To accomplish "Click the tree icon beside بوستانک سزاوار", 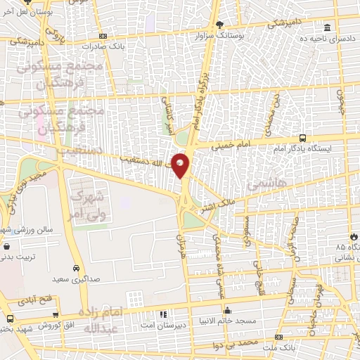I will pyautogui.click(x=219, y=24).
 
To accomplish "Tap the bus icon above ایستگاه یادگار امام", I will pyautogui.click(x=302, y=138).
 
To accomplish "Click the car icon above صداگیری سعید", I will pyautogui.click(x=75, y=268).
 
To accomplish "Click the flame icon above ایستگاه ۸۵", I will pyautogui.click(x=352, y=236).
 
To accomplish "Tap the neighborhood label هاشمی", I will pyautogui.click(x=263, y=184).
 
